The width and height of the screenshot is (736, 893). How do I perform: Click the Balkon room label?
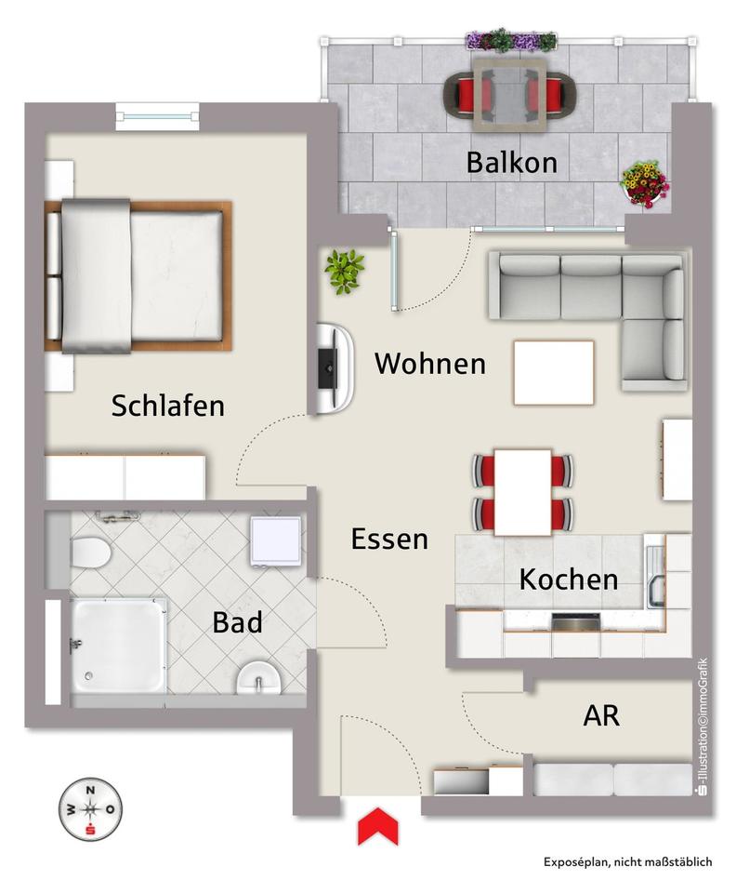511,163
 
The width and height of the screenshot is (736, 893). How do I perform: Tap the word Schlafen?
167,406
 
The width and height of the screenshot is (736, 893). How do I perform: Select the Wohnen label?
429,364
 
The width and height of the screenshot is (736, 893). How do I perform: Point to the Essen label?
389,539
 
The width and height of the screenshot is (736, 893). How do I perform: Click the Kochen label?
568,580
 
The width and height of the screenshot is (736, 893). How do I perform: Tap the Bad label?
237,621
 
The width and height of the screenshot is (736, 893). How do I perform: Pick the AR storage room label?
601,716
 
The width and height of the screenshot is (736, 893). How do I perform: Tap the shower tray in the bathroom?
119,646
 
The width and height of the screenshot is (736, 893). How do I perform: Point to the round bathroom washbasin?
259,678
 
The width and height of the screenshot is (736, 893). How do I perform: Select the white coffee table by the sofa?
553,372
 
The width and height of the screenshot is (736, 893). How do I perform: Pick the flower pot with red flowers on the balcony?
643,184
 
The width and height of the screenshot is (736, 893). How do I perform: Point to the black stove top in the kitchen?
575,622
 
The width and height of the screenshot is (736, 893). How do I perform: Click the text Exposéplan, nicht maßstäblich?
627,862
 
